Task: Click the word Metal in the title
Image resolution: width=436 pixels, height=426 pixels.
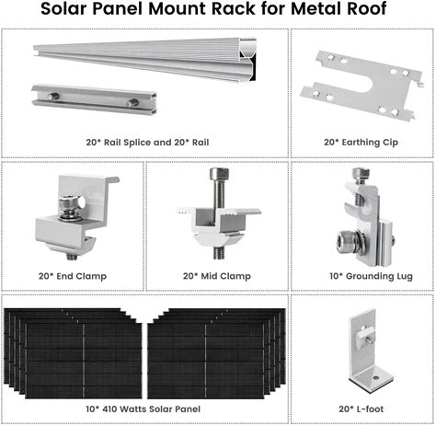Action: pos(317,8)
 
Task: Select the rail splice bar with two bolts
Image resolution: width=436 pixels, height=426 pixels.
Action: pos(94,98)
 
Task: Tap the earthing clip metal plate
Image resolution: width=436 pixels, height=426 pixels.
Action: pos(362,85)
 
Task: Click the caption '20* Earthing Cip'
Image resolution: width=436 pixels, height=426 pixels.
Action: pos(361,143)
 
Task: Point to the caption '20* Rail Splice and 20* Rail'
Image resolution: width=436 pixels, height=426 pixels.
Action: pos(147,143)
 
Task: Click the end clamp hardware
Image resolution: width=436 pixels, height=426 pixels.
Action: pos(76,217)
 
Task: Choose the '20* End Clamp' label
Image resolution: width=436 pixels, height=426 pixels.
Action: pos(73,276)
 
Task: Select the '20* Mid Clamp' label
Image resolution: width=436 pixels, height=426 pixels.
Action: pos(217,276)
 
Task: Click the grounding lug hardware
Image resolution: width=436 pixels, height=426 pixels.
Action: pos(364,217)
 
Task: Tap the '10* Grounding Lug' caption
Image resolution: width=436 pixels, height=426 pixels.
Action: pos(371,276)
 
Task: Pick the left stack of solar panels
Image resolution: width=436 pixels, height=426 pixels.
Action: pos(73,353)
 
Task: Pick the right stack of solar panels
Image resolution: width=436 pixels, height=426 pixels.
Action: pos(216,353)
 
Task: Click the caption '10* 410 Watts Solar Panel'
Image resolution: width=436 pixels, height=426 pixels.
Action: pos(143,409)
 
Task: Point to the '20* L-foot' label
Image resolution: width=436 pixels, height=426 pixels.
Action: pos(361,409)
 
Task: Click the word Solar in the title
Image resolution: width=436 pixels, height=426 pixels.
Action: pos(63,8)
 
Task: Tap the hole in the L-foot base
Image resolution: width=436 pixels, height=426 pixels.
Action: pos(376,377)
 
